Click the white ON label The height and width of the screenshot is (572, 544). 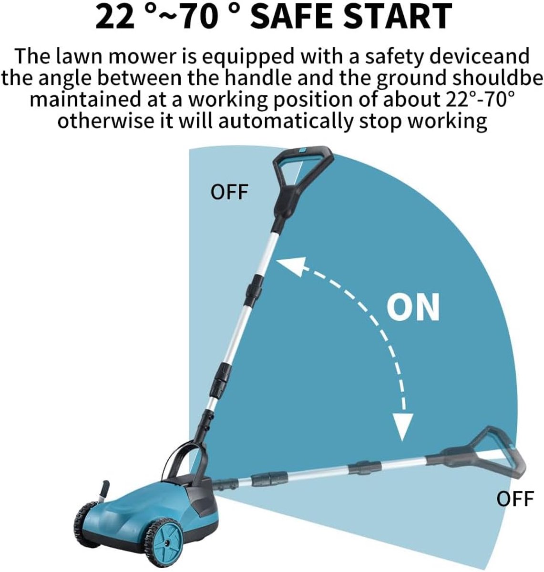(413, 306)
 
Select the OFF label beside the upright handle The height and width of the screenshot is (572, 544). (229, 192)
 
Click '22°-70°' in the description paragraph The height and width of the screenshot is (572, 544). (479, 100)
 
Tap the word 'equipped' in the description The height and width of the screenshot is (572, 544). (248, 57)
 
